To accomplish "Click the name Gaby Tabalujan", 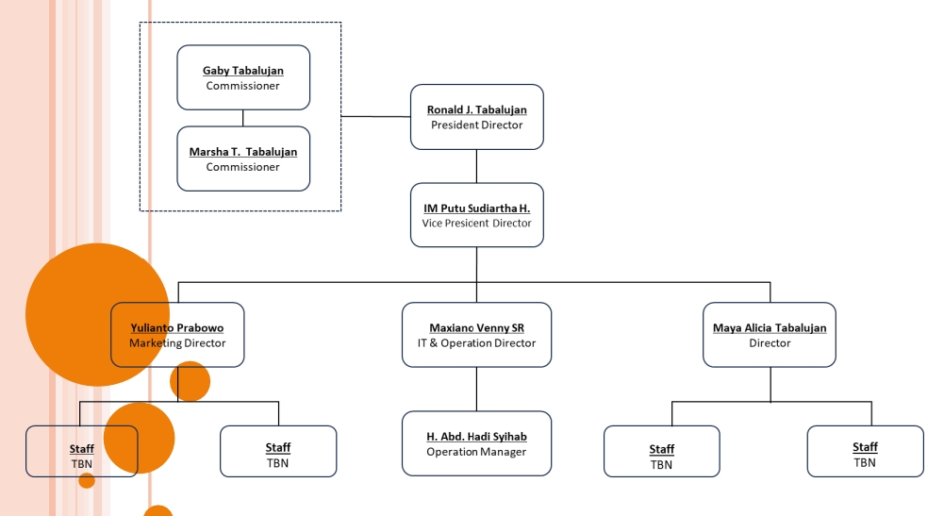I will click(243, 71).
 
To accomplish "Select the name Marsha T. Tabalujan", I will click(243, 152).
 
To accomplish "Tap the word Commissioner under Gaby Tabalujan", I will click(243, 86).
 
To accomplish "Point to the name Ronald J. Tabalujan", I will click(476, 109).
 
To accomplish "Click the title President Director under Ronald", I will click(476, 125).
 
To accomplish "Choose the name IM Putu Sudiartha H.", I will click(476, 208).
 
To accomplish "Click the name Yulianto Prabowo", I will click(177, 328).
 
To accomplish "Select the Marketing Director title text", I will click(177, 343).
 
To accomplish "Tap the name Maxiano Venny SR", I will click(476, 328).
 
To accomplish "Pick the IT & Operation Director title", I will click(476, 343).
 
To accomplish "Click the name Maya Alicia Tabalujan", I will click(770, 328).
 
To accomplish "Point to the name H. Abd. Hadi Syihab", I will click(476, 437).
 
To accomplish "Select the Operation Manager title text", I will click(476, 452).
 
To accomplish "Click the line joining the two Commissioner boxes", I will click(243, 118).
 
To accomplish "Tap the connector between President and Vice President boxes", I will click(476, 166).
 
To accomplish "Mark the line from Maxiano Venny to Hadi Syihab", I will click(476, 389).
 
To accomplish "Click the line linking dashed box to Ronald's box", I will click(375, 117).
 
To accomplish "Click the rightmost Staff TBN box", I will click(865, 452).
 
